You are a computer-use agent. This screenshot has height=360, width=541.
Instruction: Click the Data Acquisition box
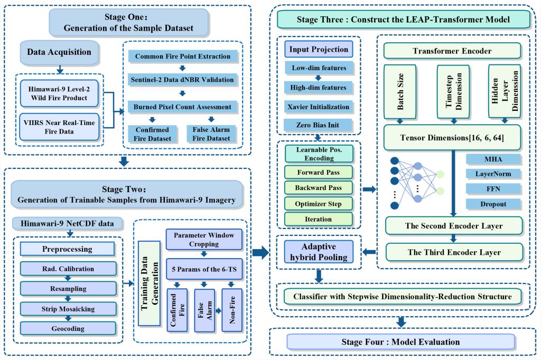pyautogui.click(x=59, y=52)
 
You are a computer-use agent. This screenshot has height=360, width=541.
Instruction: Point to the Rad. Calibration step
pyautogui.click(x=68, y=269)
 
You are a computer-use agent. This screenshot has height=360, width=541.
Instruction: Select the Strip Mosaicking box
pyautogui.click(x=68, y=308)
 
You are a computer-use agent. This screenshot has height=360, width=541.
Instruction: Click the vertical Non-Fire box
pyautogui.click(x=231, y=310)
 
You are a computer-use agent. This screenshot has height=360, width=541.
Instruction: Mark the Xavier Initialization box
pyautogui.click(x=318, y=107)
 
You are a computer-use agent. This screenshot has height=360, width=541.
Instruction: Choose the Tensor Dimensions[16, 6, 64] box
pyautogui.click(x=453, y=138)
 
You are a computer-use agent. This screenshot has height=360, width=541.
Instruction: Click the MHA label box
pyautogui.click(x=493, y=159)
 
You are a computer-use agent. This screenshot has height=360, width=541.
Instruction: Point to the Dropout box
pyautogui.click(x=493, y=204)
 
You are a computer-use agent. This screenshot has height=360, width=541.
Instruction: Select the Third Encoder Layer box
pyautogui.click(x=453, y=252)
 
